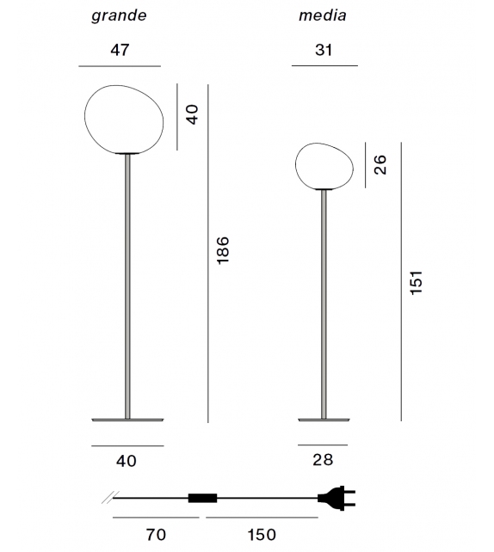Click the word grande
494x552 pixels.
[120, 16]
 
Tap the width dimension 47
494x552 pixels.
[120, 50]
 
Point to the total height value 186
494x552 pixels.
[224, 250]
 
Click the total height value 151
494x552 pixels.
[417, 281]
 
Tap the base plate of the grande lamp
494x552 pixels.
[127, 419]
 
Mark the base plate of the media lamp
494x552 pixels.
[324, 419]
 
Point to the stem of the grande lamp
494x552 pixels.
[127, 284]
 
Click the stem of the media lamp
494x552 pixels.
[324, 301]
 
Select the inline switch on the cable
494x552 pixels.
[203, 497]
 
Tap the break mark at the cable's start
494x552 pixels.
[106, 497]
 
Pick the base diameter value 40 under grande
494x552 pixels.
[127, 460]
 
